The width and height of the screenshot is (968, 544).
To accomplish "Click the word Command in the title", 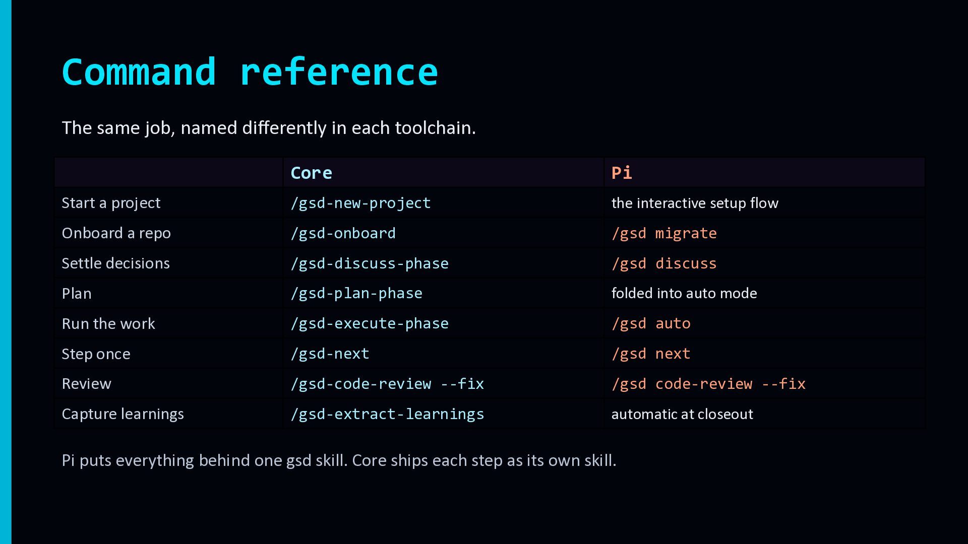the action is point(139,72).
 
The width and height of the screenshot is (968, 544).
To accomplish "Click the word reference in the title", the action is point(339,72).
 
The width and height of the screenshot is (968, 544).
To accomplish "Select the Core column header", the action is point(312,173).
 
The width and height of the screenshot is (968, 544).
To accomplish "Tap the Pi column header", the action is point(622,173).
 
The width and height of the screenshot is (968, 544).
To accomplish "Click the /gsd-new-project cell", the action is point(360,203).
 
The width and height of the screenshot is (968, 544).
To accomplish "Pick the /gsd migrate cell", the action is point(664,233).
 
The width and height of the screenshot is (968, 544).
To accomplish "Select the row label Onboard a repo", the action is point(116,233).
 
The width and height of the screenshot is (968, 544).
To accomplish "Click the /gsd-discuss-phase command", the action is point(370,263).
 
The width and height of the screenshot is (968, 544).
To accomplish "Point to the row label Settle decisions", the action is point(116,263).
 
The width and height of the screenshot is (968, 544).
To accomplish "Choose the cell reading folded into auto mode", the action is point(684,293).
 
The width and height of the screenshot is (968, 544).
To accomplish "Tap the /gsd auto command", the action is point(651,323).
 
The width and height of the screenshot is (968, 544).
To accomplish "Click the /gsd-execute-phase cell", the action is point(370,323).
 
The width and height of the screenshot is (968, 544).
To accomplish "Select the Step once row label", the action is point(96,354).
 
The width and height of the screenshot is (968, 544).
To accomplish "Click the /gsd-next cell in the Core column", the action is point(330,354).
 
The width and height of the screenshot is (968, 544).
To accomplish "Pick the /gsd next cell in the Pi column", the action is point(651,354).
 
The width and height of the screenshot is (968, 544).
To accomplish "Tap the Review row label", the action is point(86,384).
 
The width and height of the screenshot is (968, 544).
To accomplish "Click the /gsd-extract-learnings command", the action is point(387,414).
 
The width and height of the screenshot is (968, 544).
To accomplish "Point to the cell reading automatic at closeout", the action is point(682,414).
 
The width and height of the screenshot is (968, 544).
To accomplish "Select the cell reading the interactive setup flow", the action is point(695,203).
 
